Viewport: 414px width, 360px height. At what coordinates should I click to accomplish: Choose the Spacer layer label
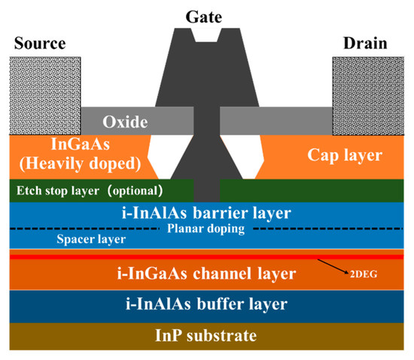[x=90, y=239]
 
